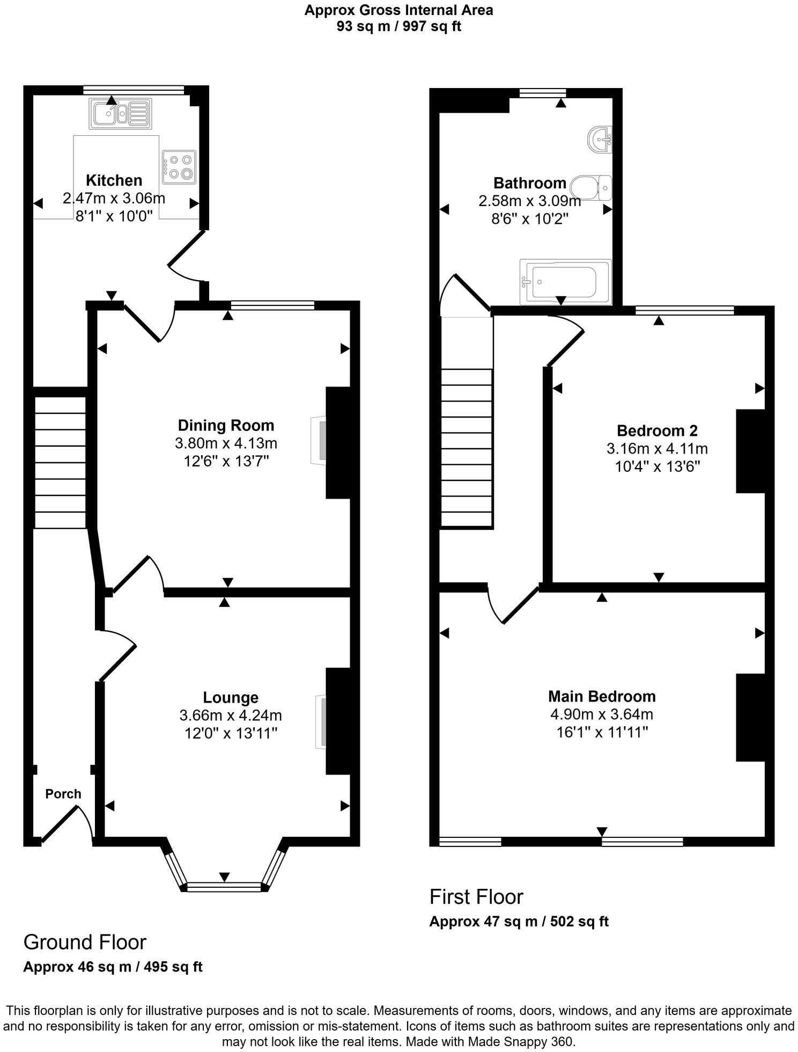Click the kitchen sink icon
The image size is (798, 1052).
(x=121, y=114)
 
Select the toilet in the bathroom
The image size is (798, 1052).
(x=591, y=188)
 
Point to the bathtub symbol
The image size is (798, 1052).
(x=565, y=282)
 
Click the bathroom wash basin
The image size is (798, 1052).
(x=600, y=140)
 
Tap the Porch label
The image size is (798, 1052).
(x=63, y=794)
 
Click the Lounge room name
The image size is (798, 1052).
(x=231, y=697)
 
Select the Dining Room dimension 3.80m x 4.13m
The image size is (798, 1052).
(x=226, y=443)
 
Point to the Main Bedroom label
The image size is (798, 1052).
(x=602, y=696)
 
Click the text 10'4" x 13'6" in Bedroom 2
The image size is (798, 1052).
(x=657, y=466)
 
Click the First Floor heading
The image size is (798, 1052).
(x=476, y=896)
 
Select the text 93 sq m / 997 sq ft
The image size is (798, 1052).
(x=398, y=27)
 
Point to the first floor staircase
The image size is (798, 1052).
(x=466, y=448)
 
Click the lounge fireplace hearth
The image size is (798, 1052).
(x=320, y=721)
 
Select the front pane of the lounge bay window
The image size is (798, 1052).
(x=224, y=888)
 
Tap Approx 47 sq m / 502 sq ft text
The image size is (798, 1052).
(x=519, y=922)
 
